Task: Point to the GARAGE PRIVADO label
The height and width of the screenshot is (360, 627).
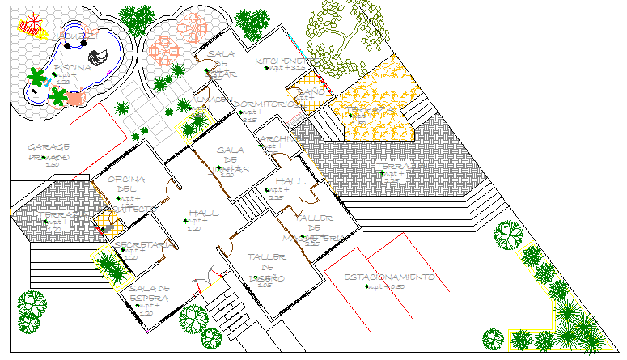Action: point(49,151)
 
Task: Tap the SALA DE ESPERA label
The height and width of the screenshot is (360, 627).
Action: point(149,294)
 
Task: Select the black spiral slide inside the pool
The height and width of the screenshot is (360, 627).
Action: point(99,57)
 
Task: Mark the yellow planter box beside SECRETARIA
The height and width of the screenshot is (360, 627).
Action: point(108,266)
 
